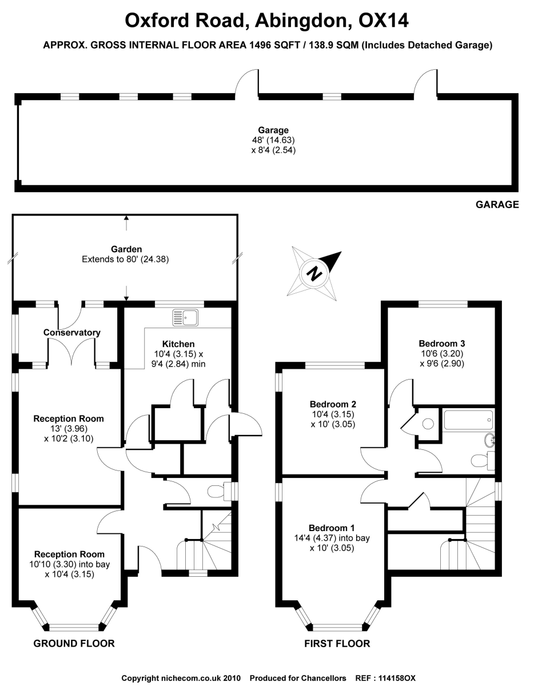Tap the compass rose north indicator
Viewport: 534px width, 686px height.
coord(314,272)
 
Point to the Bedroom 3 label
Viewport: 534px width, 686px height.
coord(441,344)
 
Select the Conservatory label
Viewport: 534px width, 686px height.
coord(72,332)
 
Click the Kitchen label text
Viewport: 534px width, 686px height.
coord(178,344)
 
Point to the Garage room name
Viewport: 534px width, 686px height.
coord(273,130)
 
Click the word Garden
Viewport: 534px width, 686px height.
coord(126,249)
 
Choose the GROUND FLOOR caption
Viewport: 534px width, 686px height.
coord(74,644)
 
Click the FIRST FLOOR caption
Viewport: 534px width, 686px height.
coord(337,644)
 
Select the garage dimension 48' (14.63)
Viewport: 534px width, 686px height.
coord(273,140)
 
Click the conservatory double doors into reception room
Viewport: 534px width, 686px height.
coord(72,353)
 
